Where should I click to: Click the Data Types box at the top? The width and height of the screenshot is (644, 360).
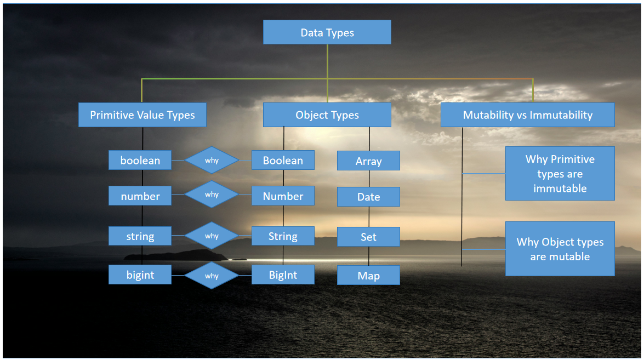pyautogui.click(x=327, y=32)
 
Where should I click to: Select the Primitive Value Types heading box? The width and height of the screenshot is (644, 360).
pyautogui.click(x=142, y=115)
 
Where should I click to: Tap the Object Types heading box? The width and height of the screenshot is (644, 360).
pyautogui.click(x=327, y=115)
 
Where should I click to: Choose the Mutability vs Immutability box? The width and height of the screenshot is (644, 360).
pyautogui.click(x=527, y=115)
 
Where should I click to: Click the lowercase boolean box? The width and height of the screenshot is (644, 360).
pyautogui.click(x=140, y=161)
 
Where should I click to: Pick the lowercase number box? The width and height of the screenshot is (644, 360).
pyautogui.click(x=140, y=196)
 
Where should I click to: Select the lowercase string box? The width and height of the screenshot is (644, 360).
pyautogui.click(x=140, y=236)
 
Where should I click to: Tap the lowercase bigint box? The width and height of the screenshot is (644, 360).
pyautogui.click(x=140, y=275)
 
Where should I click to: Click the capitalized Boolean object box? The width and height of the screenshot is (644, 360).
pyautogui.click(x=283, y=160)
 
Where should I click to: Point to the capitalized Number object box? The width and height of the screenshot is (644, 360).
pyautogui.click(x=283, y=196)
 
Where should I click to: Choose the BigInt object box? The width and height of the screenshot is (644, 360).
pyautogui.click(x=283, y=275)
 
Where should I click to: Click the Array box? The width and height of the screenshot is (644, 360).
pyautogui.click(x=368, y=161)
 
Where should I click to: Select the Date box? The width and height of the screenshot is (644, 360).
pyautogui.click(x=368, y=197)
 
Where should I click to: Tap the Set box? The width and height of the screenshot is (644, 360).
pyautogui.click(x=368, y=237)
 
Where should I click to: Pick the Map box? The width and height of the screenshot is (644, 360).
pyautogui.click(x=368, y=276)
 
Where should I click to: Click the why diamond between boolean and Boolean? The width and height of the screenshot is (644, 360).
pyautogui.click(x=212, y=161)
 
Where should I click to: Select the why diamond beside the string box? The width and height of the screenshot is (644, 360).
pyautogui.click(x=212, y=236)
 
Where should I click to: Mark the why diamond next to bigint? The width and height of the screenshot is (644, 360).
pyautogui.click(x=212, y=276)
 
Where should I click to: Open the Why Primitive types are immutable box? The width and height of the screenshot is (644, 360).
pyautogui.click(x=560, y=173)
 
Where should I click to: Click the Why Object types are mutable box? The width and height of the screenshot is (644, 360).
pyautogui.click(x=560, y=249)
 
